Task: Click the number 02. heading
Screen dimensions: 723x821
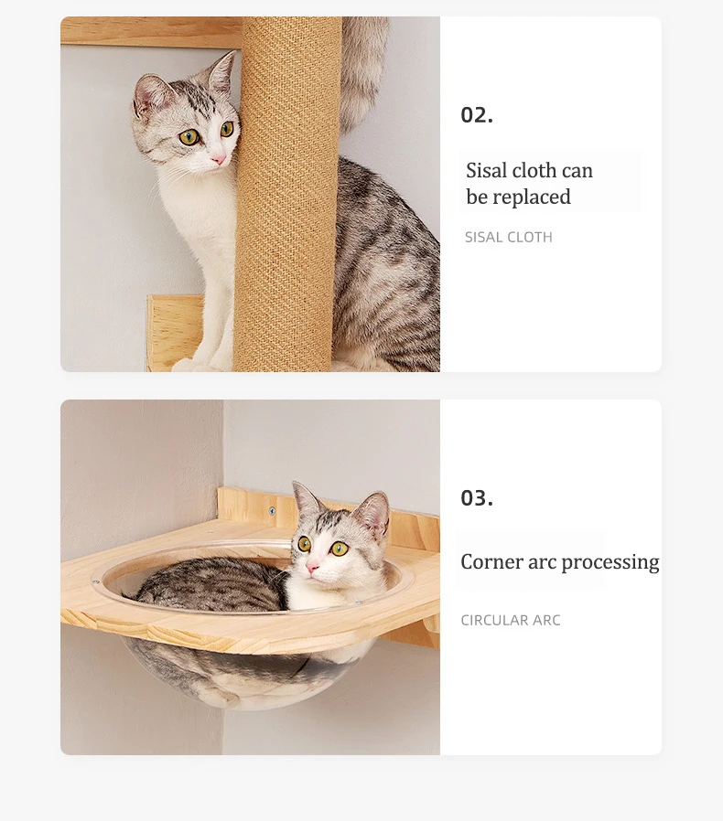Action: coord(477,115)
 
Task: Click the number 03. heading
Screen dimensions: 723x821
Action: coord(477,498)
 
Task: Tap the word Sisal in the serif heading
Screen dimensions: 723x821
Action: coord(486,170)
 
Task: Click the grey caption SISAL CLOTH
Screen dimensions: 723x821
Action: coord(509,237)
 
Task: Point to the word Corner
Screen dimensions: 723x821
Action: coord(491,561)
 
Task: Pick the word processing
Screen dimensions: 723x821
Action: coord(610,563)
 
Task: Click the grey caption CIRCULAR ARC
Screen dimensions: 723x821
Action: coord(511,620)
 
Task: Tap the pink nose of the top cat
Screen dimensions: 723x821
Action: coord(218,158)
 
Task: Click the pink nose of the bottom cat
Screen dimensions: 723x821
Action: coord(312,567)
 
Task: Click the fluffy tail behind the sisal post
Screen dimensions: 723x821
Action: coord(364,73)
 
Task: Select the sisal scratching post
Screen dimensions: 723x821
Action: coord(287,194)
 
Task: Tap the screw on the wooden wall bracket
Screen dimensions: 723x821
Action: coord(272,510)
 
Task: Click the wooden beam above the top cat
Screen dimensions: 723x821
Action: coord(151,31)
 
